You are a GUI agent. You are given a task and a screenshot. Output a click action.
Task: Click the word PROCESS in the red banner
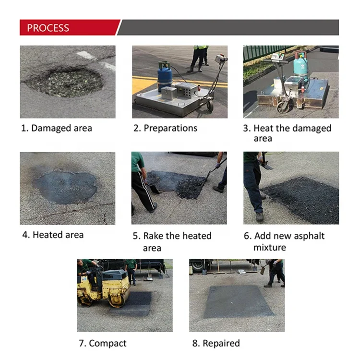48,28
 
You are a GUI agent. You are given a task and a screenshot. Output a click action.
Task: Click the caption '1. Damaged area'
56,128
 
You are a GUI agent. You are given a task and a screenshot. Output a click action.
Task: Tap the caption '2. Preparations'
165,128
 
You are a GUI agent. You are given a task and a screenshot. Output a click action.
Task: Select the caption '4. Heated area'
53,235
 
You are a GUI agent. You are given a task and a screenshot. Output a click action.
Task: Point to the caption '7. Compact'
103,343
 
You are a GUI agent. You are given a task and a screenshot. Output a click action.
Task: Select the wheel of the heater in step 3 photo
284,106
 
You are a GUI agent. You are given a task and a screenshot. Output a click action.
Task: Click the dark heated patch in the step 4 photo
65,187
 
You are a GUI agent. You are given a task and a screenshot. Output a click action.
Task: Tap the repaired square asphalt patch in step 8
238,301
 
